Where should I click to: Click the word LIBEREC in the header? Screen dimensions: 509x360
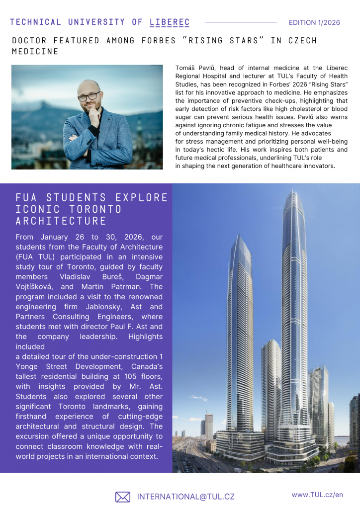(x=169, y=22)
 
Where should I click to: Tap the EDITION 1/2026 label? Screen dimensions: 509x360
(x=314, y=23)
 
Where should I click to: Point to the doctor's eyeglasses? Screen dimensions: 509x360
(x=89, y=96)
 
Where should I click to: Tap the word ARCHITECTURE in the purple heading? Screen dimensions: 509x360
(x=61, y=221)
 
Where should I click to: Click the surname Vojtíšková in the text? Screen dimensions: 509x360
(x=38, y=287)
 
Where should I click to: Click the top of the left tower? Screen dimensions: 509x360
(x=238, y=237)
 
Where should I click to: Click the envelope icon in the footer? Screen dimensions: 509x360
(x=123, y=497)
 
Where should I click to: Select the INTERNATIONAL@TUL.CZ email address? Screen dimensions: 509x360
(x=185, y=497)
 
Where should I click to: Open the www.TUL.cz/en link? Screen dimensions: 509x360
(x=317, y=495)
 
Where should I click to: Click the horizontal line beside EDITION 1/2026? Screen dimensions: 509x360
(x=241, y=22)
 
